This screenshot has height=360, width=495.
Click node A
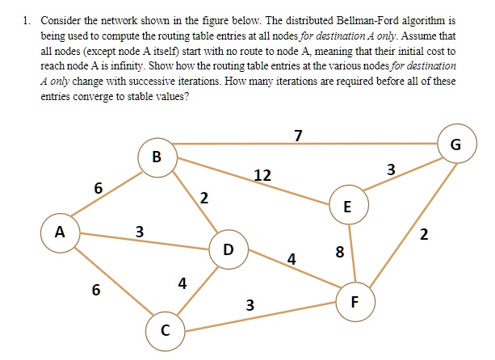(x=60, y=233)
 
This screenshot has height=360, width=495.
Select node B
(x=157, y=157)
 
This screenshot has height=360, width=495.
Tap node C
(x=165, y=331)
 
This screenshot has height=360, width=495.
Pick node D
(x=229, y=249)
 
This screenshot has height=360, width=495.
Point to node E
(x=349, y=205)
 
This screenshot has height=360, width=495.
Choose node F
(x=355, y=302)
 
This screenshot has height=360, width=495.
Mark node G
(x=457, y=144)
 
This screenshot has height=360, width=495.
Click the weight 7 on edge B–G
(x=298, y=136)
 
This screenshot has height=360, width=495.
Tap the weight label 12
(x=262, y=175)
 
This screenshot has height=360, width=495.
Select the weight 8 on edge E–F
(x=339, y=252)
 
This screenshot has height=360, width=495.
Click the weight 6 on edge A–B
(x=99, y=188)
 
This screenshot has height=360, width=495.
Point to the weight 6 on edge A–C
(x=96, y=290)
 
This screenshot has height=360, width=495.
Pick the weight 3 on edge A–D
(x=140, y=232)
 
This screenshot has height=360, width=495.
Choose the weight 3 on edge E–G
(x=391, y=170)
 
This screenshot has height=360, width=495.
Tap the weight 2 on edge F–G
(x=424, y=235)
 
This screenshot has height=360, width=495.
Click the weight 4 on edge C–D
(x=182, y=283)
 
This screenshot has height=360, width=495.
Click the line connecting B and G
(x=305, y=144)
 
